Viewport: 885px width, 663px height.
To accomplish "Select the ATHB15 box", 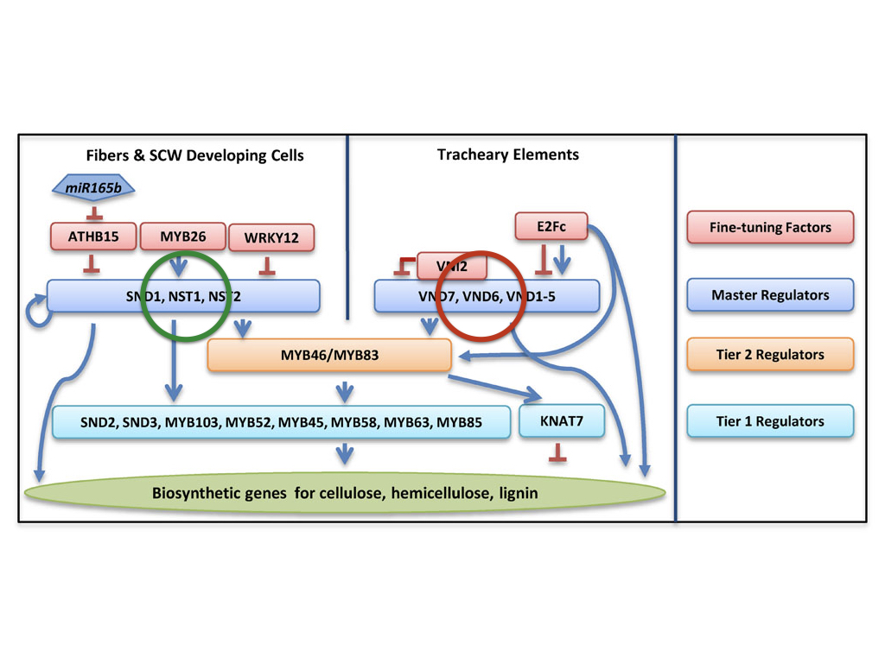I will tap(93, 237).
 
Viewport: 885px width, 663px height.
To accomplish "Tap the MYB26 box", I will tap(182, 237).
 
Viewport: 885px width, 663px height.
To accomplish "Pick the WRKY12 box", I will tap(271, 237).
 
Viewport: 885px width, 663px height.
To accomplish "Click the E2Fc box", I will tap(551, 227).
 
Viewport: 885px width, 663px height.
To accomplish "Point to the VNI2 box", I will tap(451, 267).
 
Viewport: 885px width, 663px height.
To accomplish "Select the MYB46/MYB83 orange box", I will tap(329, 355).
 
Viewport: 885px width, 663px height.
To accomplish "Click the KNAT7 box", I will tap(561, 421).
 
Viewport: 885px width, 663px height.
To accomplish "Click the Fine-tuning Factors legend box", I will tap(770, 228).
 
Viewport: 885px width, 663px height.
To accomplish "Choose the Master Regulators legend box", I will tap(770, 295).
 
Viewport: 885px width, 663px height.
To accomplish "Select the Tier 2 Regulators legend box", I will tap(770, 355).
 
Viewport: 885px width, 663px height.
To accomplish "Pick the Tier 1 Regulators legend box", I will tap(770, 421).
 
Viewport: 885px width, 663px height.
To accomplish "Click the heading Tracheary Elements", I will tap(508, 155).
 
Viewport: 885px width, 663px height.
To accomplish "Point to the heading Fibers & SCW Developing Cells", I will tap(194, 156).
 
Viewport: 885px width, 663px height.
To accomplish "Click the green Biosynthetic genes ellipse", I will tap(346, 494).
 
